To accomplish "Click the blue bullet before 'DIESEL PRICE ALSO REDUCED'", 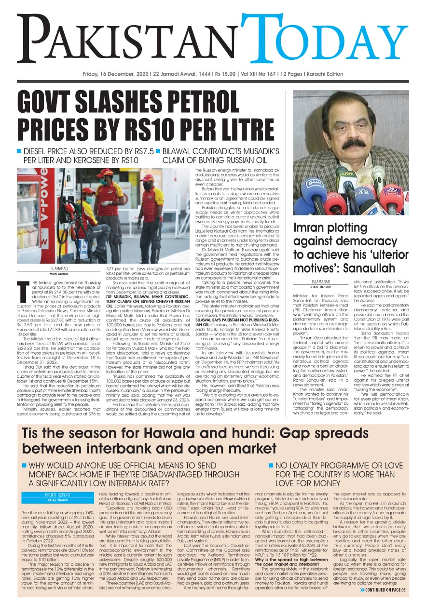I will coord(19,150).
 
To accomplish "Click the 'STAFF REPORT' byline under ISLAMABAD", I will coord(320,286).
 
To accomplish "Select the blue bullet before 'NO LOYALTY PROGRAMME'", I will coord(271,466).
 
